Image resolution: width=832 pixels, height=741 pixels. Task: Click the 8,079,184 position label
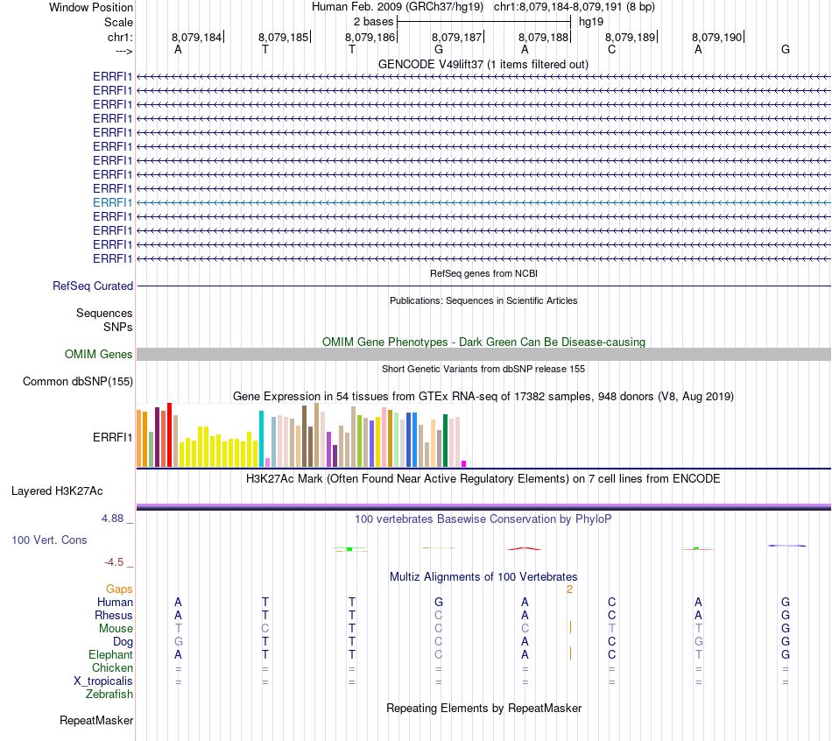[196, 37]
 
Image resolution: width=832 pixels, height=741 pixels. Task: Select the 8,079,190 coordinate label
[716, 37]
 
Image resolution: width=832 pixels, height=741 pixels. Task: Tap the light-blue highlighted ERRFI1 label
[113, 202]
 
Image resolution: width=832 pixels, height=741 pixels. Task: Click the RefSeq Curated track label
[93, 286]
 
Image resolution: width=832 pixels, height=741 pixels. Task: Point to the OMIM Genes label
[99, 355]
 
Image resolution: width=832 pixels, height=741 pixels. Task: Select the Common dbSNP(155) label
[78, 382]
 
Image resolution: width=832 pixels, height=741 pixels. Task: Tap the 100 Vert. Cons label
[49, 540]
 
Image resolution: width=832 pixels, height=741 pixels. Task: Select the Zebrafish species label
[109, 695]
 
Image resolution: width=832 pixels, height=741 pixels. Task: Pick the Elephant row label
[110, 655]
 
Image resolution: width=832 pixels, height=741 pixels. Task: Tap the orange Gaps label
[119, 589]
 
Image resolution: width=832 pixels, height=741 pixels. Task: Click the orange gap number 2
[569, 589]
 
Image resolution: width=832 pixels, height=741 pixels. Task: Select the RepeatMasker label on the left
[96, 721]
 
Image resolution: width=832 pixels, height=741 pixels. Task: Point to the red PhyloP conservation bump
[525, 548]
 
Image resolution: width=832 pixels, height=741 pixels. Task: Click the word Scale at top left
[118, 21]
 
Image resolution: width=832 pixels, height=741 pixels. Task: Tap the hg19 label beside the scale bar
[591, 21]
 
